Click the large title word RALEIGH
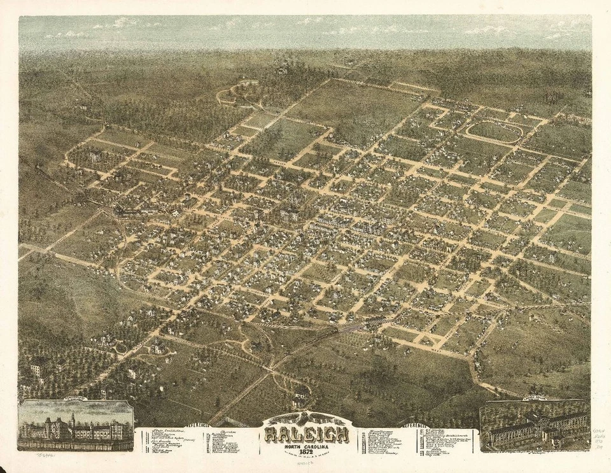coord(307,435)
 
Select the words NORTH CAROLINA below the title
coord(306,446)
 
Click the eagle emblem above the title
coord(306,418)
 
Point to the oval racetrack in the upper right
coord(494,132)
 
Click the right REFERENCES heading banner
coord(414,425)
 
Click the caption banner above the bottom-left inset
coord(74,402)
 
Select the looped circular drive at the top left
coord(237,93)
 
